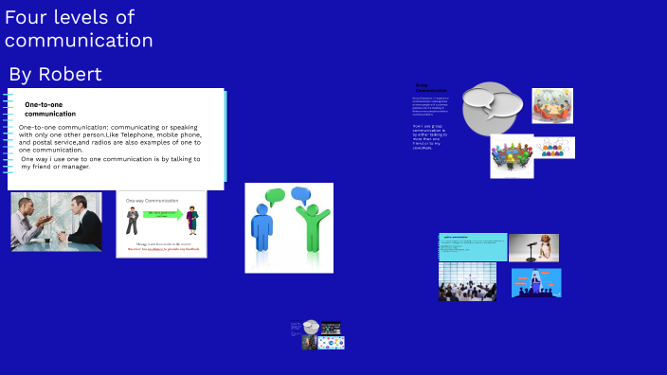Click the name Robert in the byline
(x=70, y=75)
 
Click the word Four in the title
(x=25, y=17)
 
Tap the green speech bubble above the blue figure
(x=276, y=197)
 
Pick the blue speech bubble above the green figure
(x=301, y=194)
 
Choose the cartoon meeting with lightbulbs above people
(x=551, y=106)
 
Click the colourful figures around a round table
(x=512, y=155)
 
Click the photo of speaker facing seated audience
(x=466, y=282)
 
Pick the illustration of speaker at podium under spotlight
(x=536, y=282)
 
